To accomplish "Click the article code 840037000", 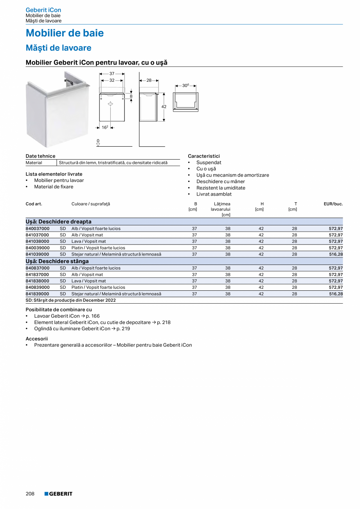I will (38, 228).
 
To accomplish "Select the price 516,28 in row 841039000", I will (336, 254).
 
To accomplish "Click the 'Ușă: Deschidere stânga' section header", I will (57, 261).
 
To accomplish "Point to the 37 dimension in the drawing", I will (112, 74).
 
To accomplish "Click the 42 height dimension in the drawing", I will (164, 106).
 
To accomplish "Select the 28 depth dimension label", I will (149, 80).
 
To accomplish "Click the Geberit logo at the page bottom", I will (58, 494).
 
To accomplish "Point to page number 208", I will (30, 494).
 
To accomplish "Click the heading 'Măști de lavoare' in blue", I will (58, 48).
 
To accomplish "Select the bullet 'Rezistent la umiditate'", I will (221, 188).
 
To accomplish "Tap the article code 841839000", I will (38, 294).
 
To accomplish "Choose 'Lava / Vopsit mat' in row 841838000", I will (88, 281).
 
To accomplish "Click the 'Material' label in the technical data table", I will (34, 163).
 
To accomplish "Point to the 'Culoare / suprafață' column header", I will (91, 204).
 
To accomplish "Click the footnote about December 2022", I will (71, 300).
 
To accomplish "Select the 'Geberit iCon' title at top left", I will (43, 10).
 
